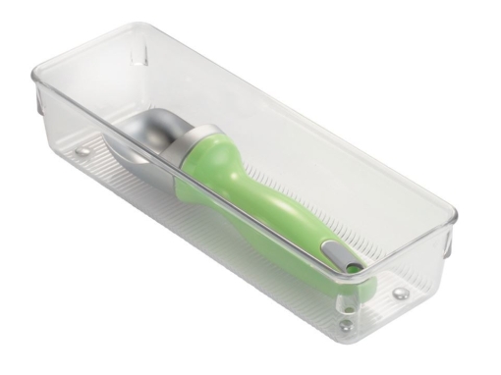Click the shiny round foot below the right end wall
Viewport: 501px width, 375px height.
click(x=401, y=293)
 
